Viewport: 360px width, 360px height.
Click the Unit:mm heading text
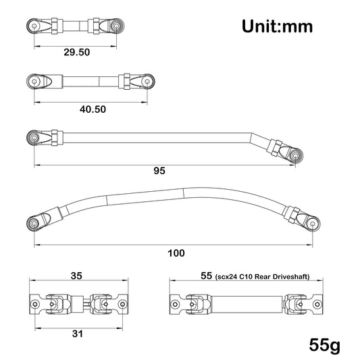[x=277, y=26]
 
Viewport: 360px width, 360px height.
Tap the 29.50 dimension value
[x=77, y=53]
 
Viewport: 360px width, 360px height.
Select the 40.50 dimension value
[x=93, y=109]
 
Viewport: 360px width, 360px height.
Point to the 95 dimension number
[x=159, y=171]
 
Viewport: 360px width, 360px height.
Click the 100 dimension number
[x=176, y=253]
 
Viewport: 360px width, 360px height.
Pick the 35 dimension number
[x=76, y=276]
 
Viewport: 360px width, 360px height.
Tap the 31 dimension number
[x=78, y=334]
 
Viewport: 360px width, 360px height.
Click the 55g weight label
[x=324, y=345]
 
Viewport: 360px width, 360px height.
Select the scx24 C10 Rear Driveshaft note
[x=262, y=277]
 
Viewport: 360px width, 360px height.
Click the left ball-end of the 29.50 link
[x=34, y=26]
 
